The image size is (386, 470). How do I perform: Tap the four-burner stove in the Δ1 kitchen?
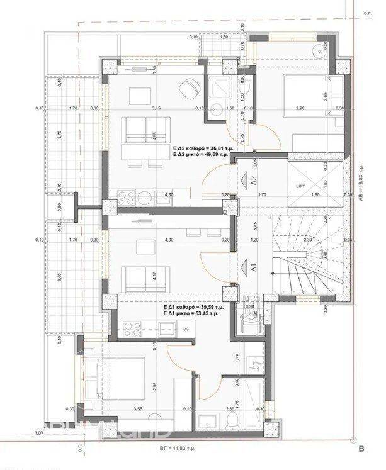pyautogui.click(x=132, y=328)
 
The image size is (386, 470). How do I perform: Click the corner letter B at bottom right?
pyautogui.click(x=361, y=449)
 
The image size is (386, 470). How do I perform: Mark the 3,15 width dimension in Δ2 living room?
pyautogui.click(x=156, y=108)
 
